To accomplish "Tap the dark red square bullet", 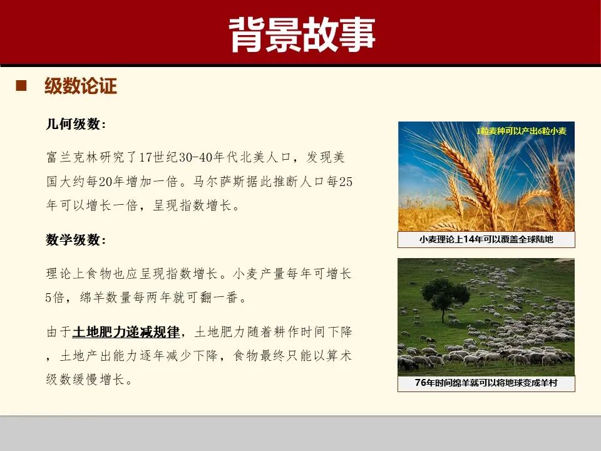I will coord(21,85).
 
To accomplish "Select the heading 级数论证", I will coord(81,86).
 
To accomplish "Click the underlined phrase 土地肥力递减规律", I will coord(126,331).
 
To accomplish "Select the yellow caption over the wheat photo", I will coord(521,132).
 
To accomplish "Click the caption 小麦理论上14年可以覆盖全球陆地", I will coord(486,239).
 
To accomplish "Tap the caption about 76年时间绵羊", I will coord(486,382).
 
